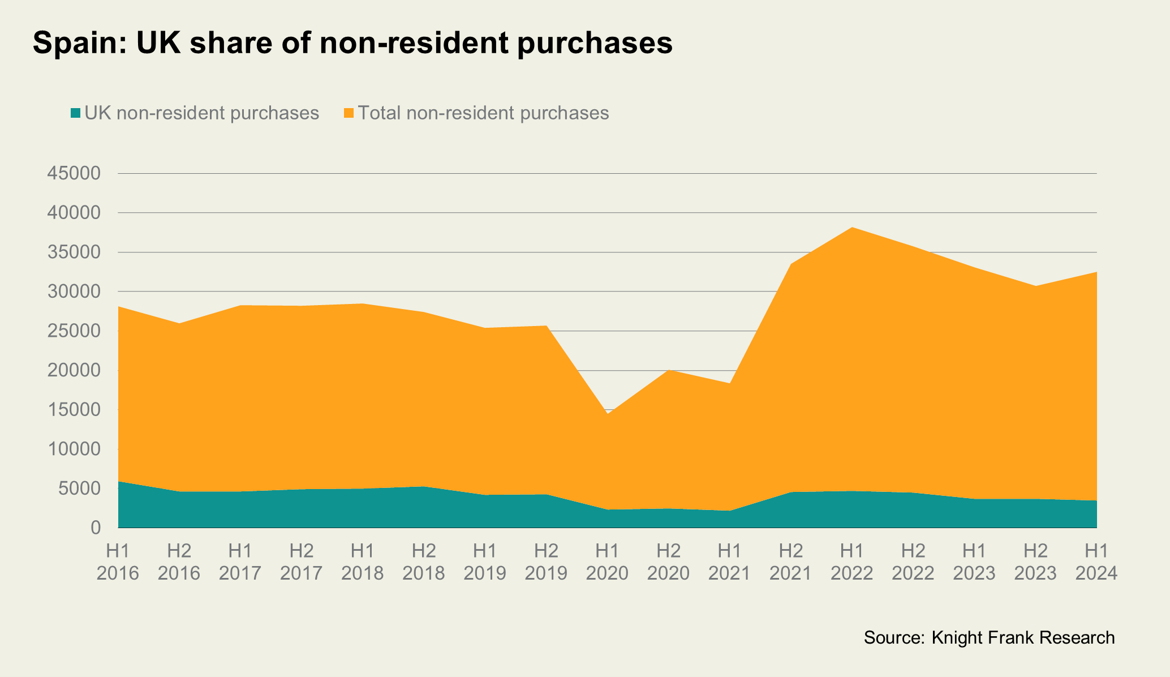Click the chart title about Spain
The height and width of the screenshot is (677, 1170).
click(352, 42)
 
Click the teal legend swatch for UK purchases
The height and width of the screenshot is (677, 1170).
click(76, 113)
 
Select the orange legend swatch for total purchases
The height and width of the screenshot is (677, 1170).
click(349, 113)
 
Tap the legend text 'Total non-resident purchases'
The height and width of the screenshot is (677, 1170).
click(483, 113)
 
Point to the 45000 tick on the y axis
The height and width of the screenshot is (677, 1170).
click(75, 173)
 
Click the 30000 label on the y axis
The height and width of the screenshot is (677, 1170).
click(75, 292)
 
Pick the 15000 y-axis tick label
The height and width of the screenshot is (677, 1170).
click(75, 410)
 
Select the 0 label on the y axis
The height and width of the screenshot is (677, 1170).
click(95, 528)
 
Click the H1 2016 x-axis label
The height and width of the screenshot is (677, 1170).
click(118, 562)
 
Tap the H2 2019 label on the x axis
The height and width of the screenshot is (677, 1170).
click(546, 562)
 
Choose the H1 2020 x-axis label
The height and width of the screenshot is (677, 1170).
click(607, 562)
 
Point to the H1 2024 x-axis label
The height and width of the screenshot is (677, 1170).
click(1096, 562)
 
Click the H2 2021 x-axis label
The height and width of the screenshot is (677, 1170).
click(790, 562)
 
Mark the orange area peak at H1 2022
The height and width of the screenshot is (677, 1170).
click(852, 228)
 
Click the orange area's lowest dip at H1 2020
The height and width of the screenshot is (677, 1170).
click(607, 414)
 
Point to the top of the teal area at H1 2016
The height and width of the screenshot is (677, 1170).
click(119, 482)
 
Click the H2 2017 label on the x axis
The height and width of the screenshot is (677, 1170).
click(302, 562)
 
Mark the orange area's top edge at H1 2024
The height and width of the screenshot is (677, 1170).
click(1096, 273)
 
